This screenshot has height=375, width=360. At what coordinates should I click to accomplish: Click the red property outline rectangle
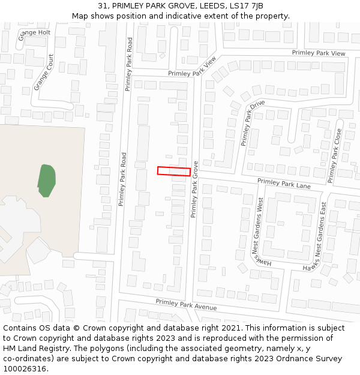tap(174, 171)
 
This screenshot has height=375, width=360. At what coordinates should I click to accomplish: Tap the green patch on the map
tap(46, 180)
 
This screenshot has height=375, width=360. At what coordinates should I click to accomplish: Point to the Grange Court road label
tap(44, 73)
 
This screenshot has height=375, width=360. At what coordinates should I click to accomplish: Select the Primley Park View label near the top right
tap(319, 53)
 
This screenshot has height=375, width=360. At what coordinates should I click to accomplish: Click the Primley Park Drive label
tap(252, 123)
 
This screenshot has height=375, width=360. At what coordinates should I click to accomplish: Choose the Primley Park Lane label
tap(284, 184)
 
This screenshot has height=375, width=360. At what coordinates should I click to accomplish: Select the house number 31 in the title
tap(103, 6)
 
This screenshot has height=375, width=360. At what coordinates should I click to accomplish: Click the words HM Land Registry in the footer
tap(35, 349)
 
